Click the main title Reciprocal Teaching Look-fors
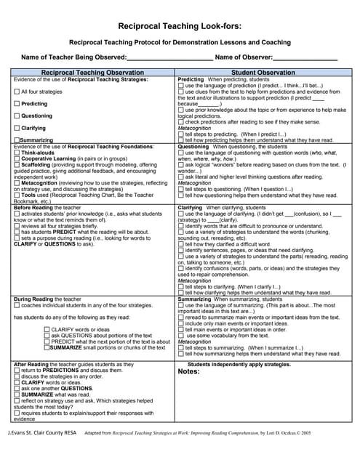tap(180, 24)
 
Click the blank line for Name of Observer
tap(305, 57)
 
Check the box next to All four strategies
tap(17, 92)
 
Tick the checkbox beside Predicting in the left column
tap(17, 105)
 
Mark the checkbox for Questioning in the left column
tap(17, 116)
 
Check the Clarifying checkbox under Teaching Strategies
tap(17, 129)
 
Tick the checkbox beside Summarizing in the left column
tap(17, 139)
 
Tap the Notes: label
tap(188, 372)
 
